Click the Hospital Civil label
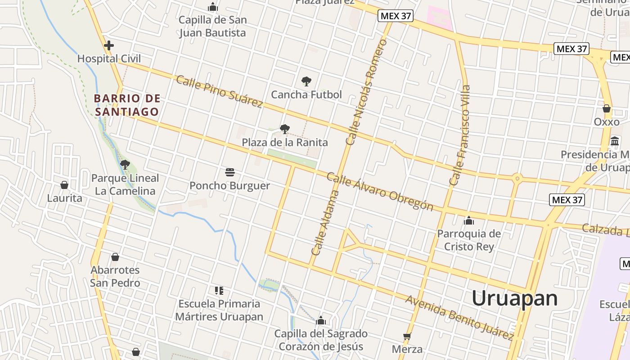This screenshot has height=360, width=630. (109, 59)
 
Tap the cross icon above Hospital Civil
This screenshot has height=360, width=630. (108, 45)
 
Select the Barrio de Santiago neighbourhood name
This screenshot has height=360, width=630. (127, 105)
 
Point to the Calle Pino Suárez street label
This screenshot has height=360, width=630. (219, 92)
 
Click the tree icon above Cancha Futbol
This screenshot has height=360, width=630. (306, 81)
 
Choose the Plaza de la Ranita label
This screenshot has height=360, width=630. (285, 143)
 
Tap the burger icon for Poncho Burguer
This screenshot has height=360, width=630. (230, 172)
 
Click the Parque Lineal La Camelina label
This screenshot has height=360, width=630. (125, 184)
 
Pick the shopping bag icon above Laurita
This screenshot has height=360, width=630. (64, 185)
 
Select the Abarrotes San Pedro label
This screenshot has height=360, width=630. (115, 276)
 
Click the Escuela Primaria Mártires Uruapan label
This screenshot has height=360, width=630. (219, 310)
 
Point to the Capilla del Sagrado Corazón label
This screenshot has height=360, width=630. (321, 340)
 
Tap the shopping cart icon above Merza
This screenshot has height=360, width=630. (407, 336)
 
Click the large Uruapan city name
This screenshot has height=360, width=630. (514, 298)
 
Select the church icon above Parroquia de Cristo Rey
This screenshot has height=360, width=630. (469, 220)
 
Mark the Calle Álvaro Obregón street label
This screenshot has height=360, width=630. (380, 192)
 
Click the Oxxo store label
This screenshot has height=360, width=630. (607, 122)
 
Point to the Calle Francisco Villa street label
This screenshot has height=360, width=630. (460, 135)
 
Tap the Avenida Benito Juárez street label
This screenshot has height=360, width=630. (459, 318)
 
